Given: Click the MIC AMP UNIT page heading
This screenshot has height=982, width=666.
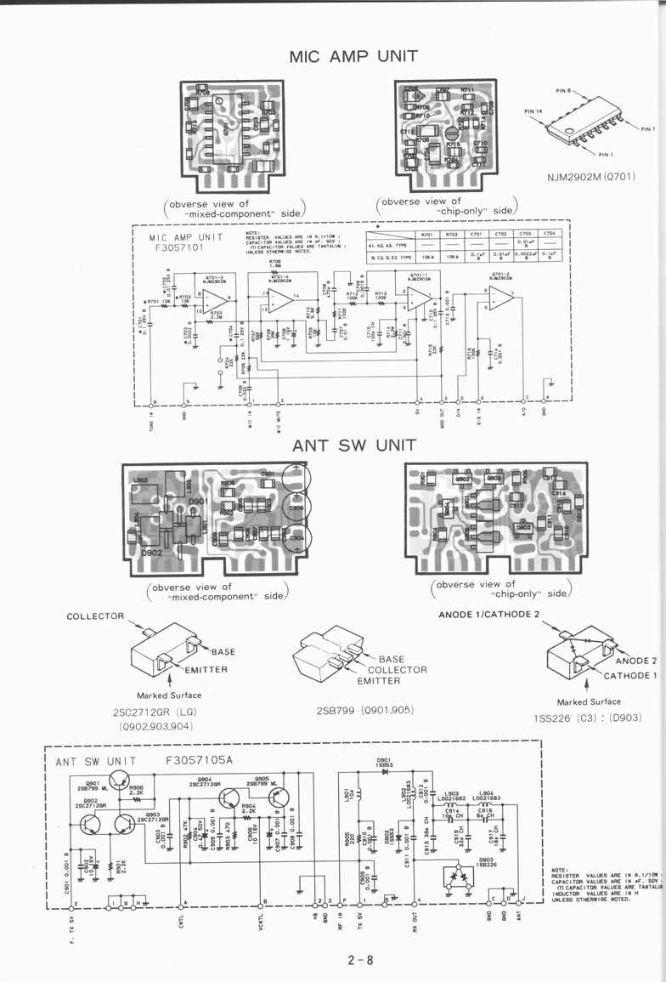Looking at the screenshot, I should click(353, 57).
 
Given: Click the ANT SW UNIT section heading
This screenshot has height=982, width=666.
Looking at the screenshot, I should click(354, 446).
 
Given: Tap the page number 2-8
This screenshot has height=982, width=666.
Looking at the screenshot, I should click(359, 961).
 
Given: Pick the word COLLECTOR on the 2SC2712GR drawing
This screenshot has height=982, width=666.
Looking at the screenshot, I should click(95, 616).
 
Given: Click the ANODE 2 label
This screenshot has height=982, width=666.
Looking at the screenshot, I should click(635, 661).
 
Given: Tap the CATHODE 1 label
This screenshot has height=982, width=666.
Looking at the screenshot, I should click(629, 676).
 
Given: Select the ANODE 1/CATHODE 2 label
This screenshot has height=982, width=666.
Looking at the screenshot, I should click(488, 614).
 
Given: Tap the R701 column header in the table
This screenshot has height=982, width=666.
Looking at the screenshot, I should click(426, 234).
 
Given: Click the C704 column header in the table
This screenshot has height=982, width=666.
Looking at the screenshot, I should click(550, 234).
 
